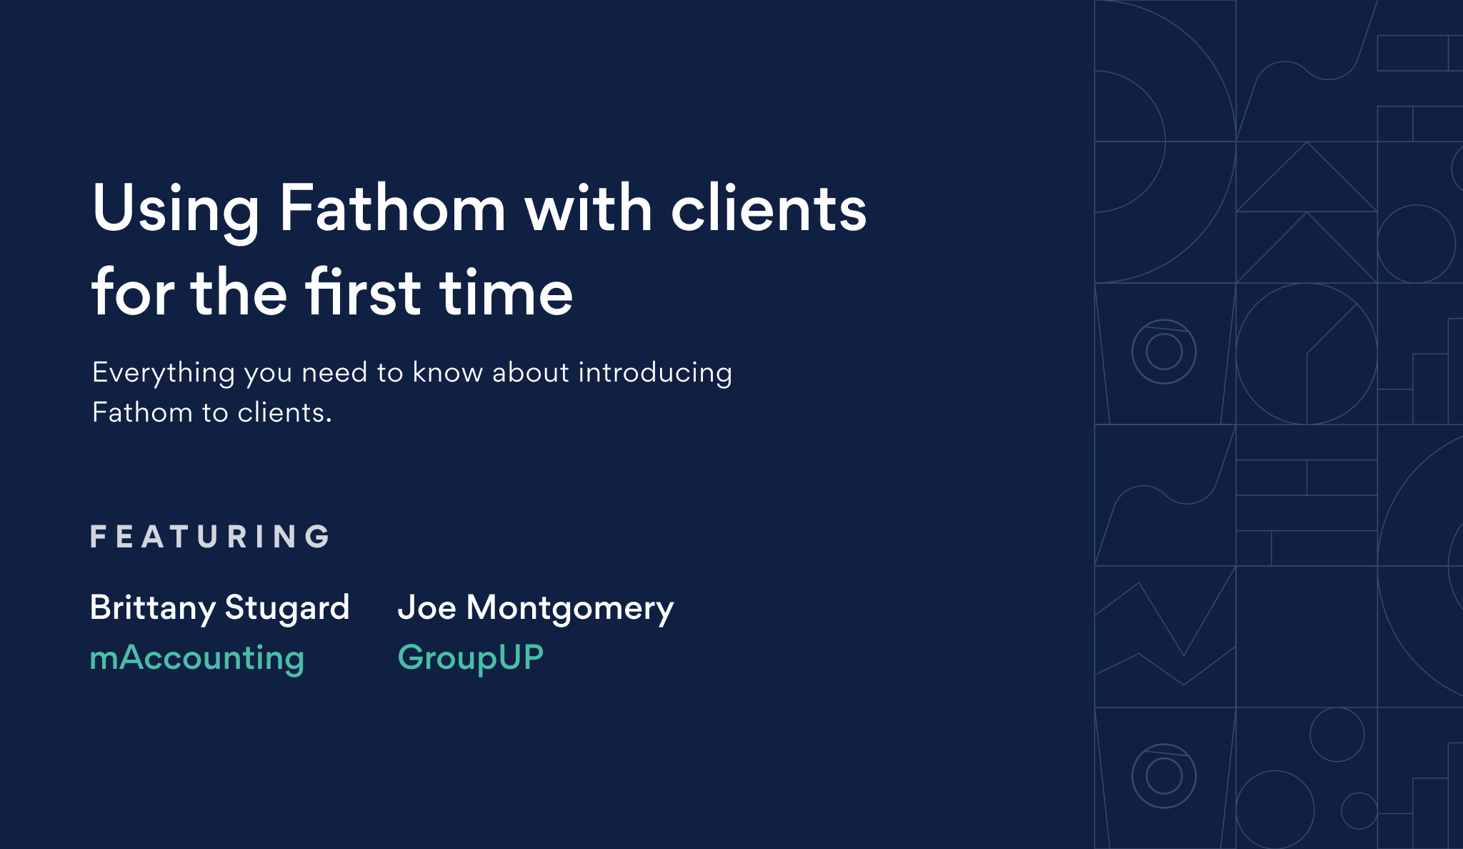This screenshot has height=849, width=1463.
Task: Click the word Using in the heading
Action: click(176, 209)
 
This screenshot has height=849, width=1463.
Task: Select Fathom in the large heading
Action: click(392, 209)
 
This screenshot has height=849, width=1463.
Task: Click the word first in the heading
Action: click(364, 292)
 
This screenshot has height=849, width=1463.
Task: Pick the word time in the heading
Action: click(506, 292)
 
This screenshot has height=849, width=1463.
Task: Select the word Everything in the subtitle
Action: click(164, 373)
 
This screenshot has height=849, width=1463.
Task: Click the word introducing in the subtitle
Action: click(655, 373)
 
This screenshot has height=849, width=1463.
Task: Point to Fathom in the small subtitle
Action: click(142, 412)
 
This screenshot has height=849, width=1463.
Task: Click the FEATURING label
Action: click(211, 537)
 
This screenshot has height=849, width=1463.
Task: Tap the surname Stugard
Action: click(287, 608)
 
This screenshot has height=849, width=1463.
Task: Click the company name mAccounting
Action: click(197, 657)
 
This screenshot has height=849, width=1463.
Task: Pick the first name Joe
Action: click(426, 607)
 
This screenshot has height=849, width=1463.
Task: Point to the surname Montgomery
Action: click(570, 608)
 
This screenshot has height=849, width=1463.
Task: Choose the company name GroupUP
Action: click(471, 657)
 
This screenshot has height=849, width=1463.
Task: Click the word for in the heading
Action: click(133, 292)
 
